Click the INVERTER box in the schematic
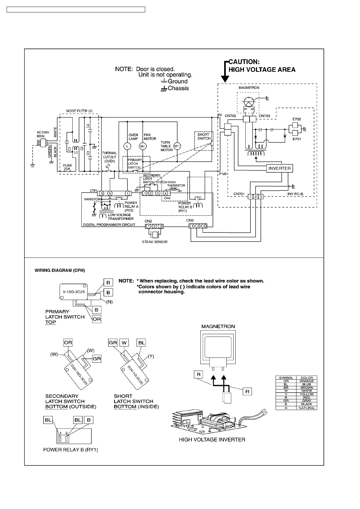[279, 168]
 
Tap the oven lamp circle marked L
[127, 146]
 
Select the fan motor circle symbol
[142, 146]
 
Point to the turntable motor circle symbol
[177, 146]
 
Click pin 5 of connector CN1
[110, 193]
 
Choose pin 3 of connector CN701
[261, 197]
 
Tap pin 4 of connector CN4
[165, 193]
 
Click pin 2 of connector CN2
[155, 226]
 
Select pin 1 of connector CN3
[192, 226]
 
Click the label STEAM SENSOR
[155, 242]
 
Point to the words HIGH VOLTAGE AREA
[262, 70]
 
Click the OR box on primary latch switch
[97, 319]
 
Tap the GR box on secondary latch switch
[97, 359]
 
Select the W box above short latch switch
[124, 343]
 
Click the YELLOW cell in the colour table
[306, 394]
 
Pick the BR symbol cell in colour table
[286, 387]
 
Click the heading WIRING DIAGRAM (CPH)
[60, 271]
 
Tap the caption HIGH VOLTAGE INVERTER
[212, 439]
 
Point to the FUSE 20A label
[67, 167]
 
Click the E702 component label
[296, 119]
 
